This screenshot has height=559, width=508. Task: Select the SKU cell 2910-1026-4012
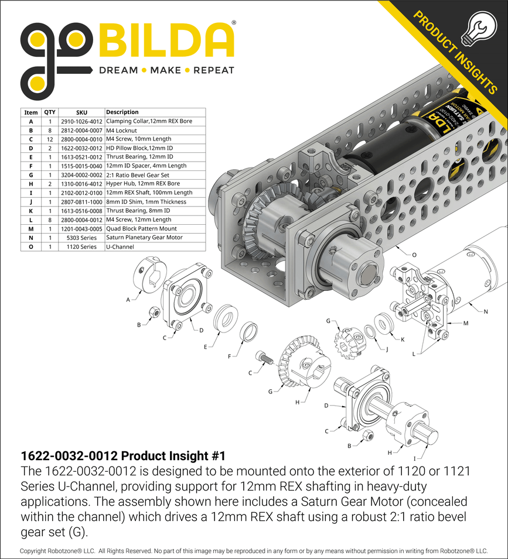[81, 121]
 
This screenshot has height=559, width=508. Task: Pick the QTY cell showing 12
[50, 139]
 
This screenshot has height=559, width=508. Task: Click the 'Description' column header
[122, 112]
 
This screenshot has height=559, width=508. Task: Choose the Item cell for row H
[30, 184]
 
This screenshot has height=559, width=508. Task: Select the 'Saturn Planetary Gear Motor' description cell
[144, 238]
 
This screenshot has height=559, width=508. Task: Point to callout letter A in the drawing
[128, 299]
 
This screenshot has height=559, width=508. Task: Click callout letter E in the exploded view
[206, 347]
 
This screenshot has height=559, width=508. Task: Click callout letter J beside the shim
[387, 349]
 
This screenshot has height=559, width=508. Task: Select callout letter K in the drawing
[402, 339]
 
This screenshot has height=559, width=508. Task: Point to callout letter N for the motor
[486, 311]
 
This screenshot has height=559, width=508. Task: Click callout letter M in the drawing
[466, 323]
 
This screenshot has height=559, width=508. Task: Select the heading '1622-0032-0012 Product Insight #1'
[123, 455]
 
